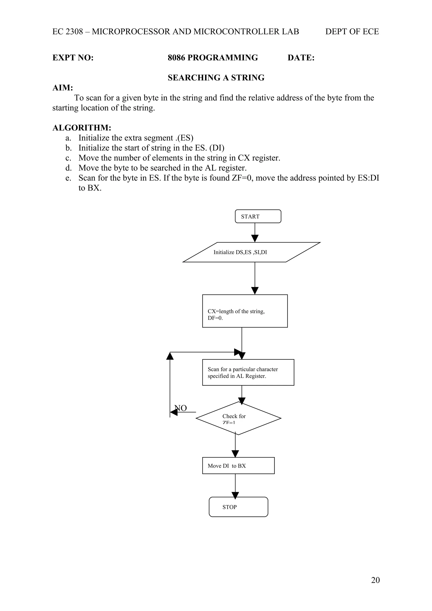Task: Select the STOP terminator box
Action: pyautogui.click(x=238, y=507)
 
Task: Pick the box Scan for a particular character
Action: pyautogui.click(x=248, y=372)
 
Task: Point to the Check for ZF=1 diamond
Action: pyautogui.click(x=238, y=418)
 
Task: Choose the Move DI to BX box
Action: pyautogui.click(x=238, y=466)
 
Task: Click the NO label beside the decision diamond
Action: pyautogui.click(x=181, y=408)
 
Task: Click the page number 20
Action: pyautogui.click(x=375, y=587)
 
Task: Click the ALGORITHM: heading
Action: pyautogui.click(x=82, y=128)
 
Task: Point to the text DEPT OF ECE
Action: pyautogui.click(x=352, y=32)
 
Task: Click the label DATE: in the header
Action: pyautogui.click(x=301, y=58)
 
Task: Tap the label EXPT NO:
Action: pyautogui.click(x=73, y=58)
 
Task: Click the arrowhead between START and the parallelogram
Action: pyautogui.click(x=255, y=238)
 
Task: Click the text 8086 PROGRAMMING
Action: pyautogui.click(x=213, y=58)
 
